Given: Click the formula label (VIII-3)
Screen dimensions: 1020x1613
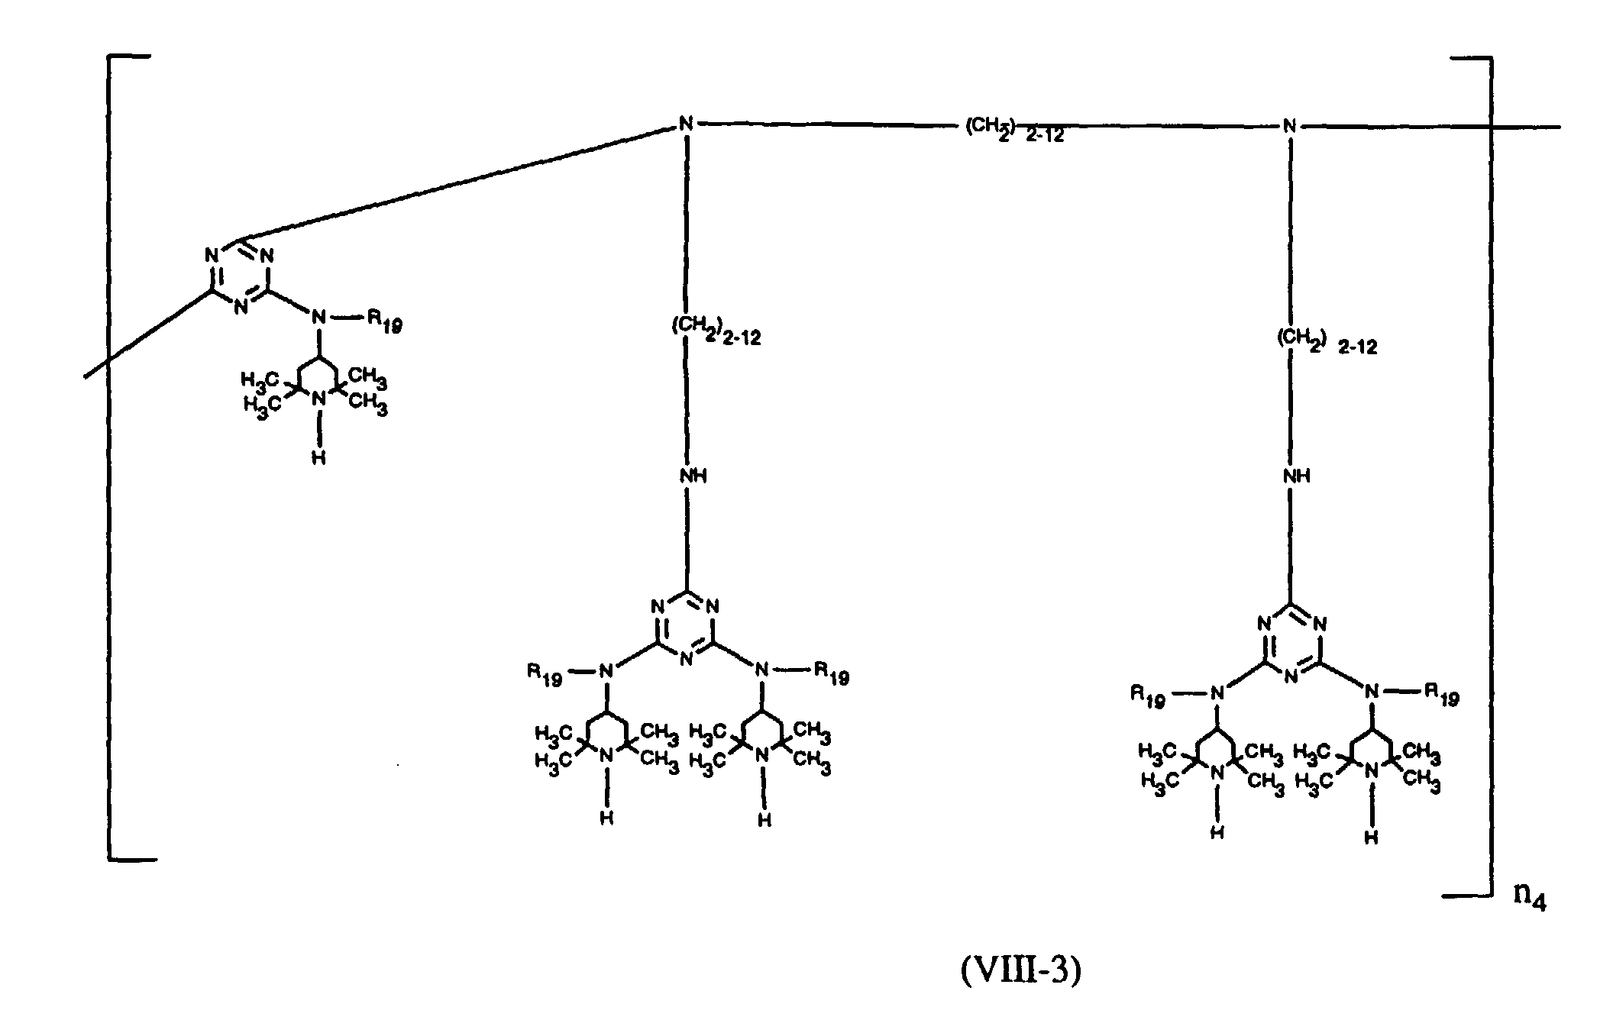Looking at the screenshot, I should (1021, 970).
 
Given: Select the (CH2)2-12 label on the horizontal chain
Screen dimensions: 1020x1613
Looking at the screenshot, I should (1014, 131).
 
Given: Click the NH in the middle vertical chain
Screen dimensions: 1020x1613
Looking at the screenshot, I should (693, 476).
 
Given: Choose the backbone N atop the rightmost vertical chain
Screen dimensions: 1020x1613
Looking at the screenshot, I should (1290, 125).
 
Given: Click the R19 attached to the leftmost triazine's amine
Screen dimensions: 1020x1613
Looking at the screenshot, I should (385, 321).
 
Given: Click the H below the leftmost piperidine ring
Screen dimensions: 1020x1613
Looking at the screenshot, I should (319, 457).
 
